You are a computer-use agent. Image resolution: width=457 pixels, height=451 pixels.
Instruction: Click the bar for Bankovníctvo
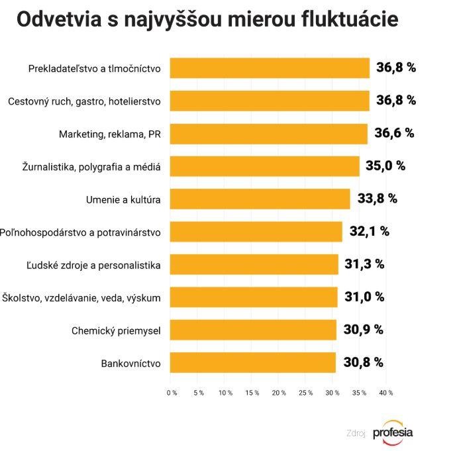click(x=252, y=362)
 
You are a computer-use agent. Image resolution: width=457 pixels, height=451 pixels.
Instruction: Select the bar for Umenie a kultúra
click(x=260, y=199)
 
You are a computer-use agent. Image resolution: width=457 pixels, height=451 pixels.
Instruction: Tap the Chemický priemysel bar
click(x=253, y=330)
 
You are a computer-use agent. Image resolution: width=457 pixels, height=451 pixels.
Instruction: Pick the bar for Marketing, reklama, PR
click(x=268, y=133)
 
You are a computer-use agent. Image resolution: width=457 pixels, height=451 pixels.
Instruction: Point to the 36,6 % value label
click(x=394, y=133)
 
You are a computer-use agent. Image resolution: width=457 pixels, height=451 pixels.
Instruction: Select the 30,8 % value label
click(x=364, y=362)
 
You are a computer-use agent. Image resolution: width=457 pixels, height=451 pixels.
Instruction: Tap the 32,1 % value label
click(x=369, y=231)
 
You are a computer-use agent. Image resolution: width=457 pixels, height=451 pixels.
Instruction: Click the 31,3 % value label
click(x=364, y=264)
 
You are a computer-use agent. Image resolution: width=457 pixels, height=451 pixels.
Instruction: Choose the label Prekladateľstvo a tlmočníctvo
click(x=95, y=68)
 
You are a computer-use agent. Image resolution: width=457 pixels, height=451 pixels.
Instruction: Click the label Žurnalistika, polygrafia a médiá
click(x=91, y=166)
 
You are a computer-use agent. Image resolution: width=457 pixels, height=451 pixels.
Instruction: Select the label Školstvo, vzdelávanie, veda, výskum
click(x=81, y=297)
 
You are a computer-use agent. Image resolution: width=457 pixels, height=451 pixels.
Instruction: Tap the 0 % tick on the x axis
click(x=172, y=393)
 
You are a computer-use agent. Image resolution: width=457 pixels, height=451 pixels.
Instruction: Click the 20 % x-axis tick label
click(x=279, y=393)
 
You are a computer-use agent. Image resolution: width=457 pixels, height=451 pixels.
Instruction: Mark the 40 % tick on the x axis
click(x=385, y=393)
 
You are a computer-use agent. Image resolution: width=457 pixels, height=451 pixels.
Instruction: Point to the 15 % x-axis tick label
click(x=252, y=393)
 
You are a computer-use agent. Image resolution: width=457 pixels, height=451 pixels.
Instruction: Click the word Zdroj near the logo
click(x=356, y=434)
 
